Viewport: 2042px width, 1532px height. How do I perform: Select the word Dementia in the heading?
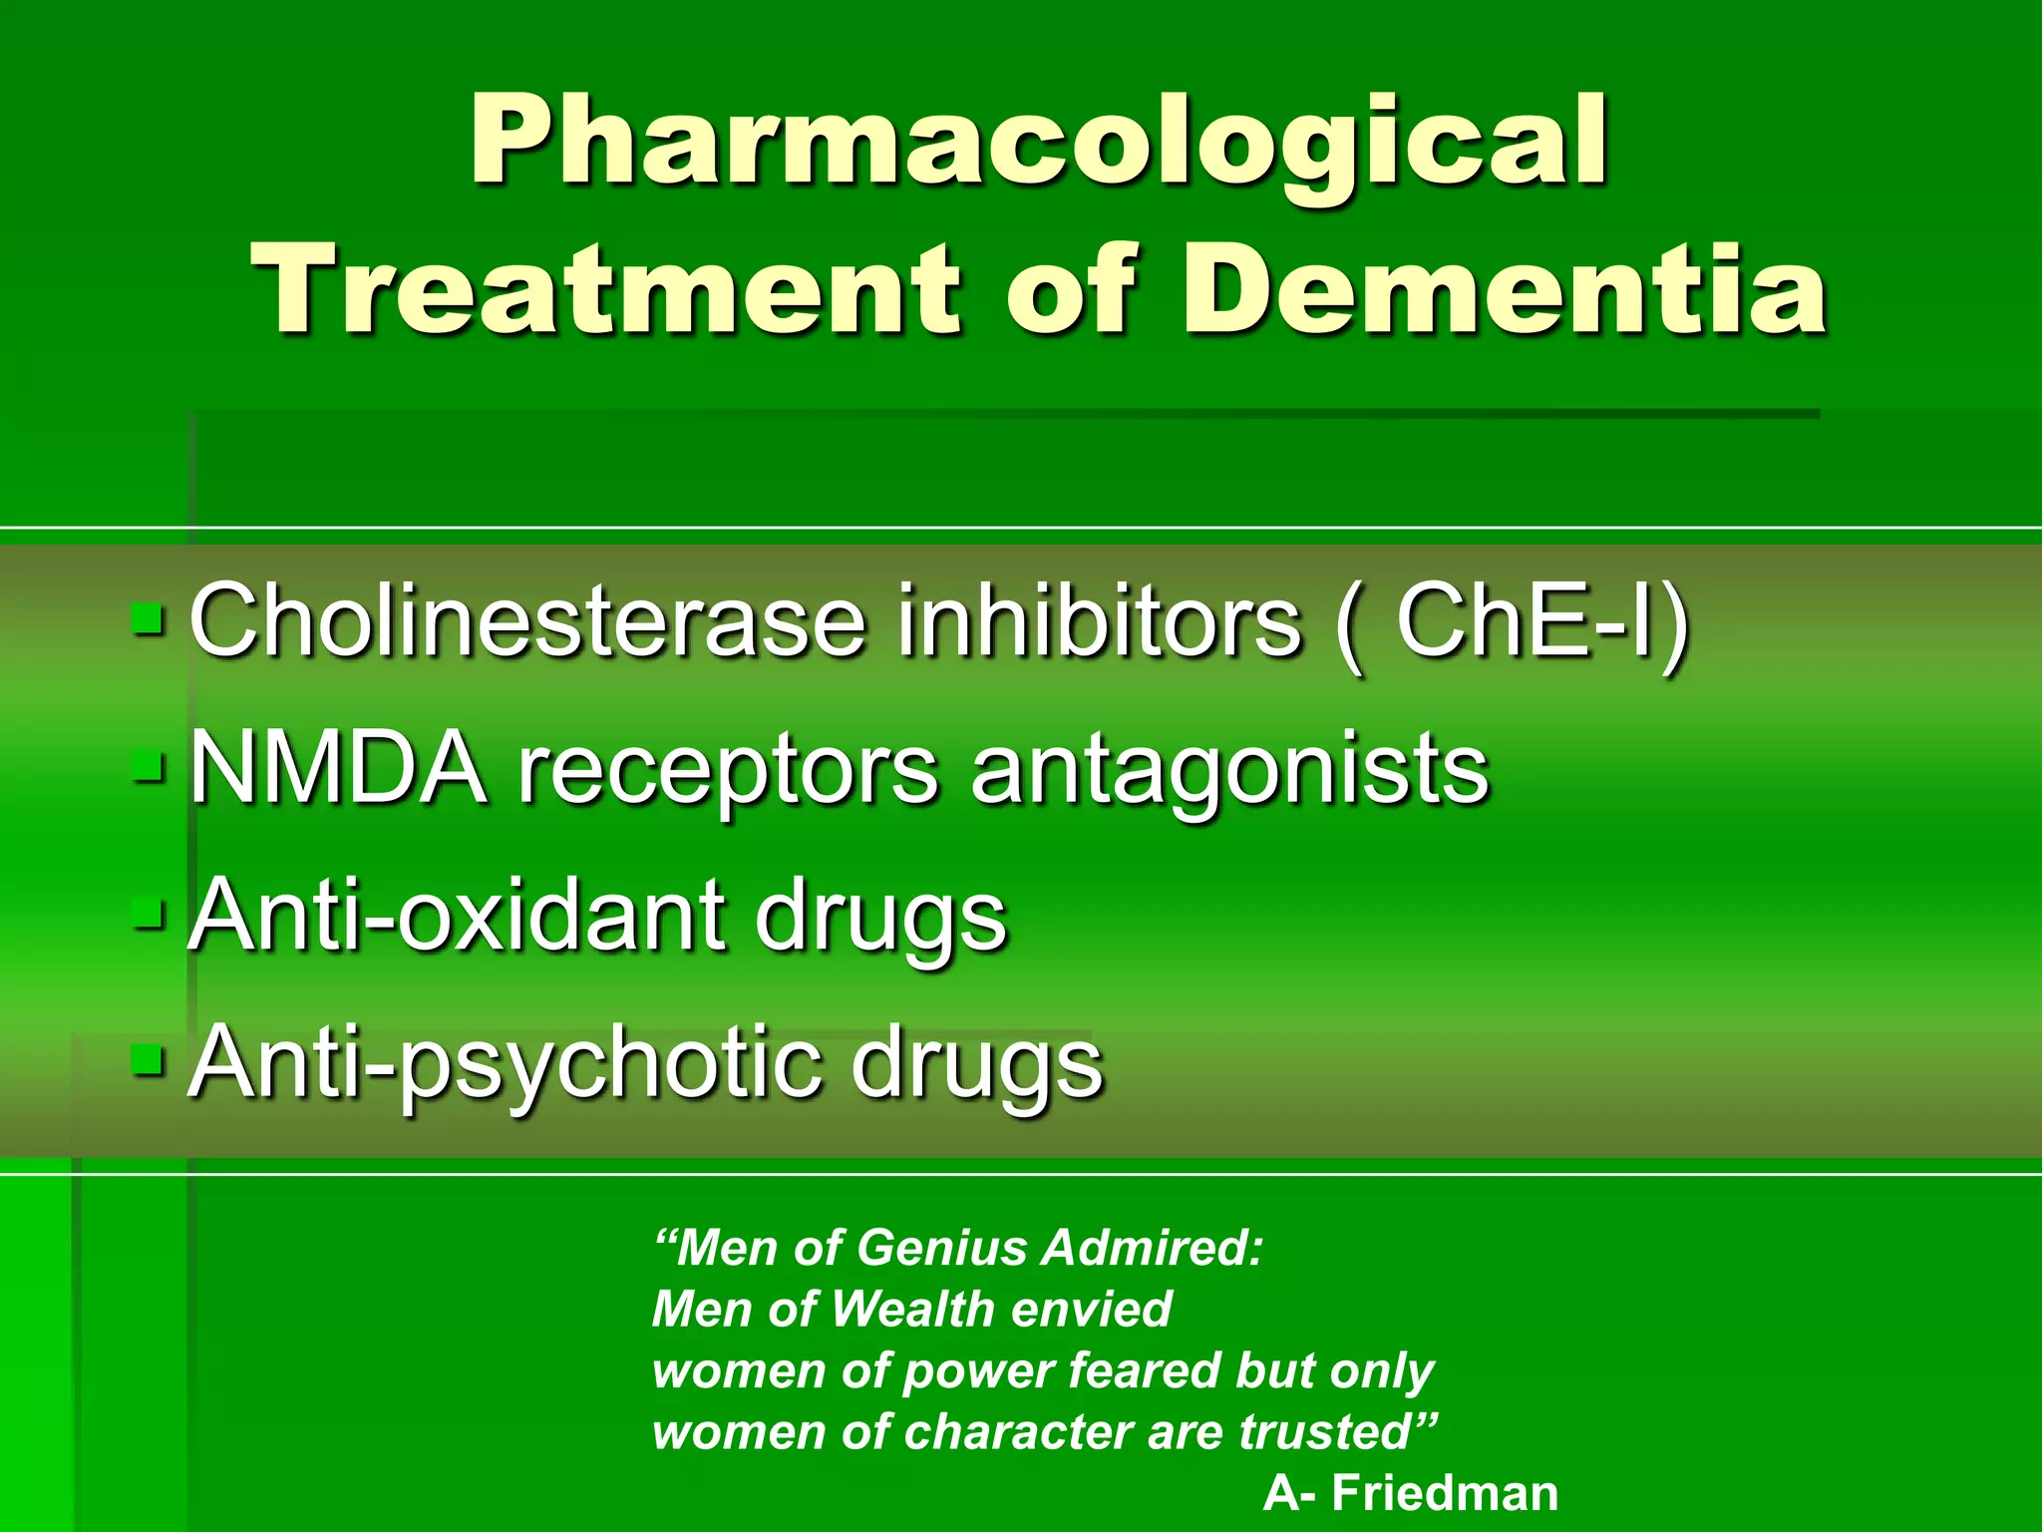[1504, 291]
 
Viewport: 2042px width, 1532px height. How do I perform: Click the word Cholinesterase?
[526, 622]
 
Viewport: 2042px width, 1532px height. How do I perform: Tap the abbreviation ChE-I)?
[1541, 622]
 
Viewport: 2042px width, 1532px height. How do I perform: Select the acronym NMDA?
[339, 769]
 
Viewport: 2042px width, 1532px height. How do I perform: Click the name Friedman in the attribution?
[1445, 1493]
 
